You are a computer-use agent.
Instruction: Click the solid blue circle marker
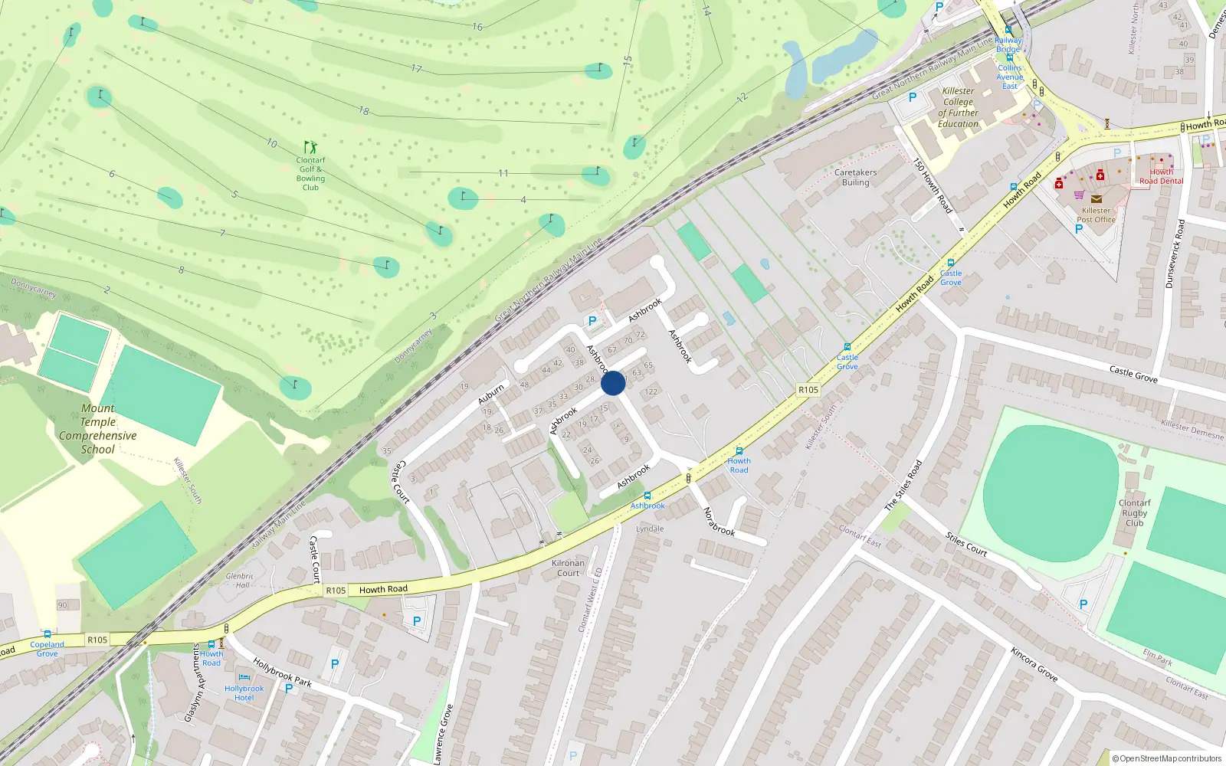coord(613,383)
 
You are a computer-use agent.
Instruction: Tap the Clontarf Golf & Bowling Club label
coord(310,174)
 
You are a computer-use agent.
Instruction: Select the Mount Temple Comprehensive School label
coord(98,429)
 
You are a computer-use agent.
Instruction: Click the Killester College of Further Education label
coord(958,107)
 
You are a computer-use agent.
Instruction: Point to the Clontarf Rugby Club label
coord(1134,513)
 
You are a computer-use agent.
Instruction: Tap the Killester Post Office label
coord(1096,215)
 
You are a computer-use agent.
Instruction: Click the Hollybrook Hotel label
coord(244,692)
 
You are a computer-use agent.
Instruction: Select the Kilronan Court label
coord(568,568)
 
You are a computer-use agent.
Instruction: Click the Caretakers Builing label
coord(855,178)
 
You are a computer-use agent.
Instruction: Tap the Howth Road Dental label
coord(1161,177)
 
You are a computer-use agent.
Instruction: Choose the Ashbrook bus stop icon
coord(647,496)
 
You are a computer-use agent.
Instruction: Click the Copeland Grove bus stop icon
coord(48,634)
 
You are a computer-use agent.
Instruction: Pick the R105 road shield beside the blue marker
coord(808,390)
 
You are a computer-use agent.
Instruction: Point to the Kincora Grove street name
coord(1034,664)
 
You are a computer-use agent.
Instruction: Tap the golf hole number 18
coord(364,111)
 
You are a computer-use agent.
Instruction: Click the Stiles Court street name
coord(965,544)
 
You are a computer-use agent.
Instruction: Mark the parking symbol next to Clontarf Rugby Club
coord(1083,604)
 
